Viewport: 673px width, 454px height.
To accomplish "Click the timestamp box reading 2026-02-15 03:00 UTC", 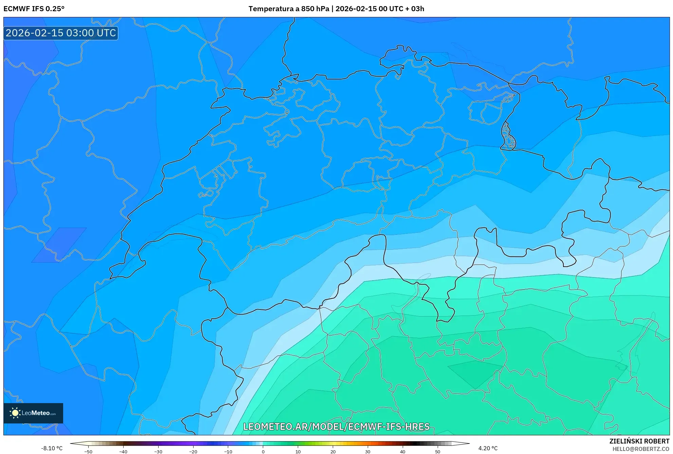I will click(x=61, y=33).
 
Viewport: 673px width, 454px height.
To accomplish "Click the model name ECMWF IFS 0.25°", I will click(x=34, y=9).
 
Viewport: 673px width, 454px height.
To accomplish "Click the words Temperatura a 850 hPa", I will click(x=289, y=9).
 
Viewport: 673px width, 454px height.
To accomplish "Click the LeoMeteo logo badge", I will click(x=33, y=413).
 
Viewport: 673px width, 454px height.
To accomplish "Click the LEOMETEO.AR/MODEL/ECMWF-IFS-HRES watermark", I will click(x=336, y=427).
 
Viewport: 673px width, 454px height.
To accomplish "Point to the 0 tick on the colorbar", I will click(x=263, y=451).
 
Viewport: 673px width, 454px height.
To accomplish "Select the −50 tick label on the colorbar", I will click(x=88, y=451).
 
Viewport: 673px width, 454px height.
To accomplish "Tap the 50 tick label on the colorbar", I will click(x=437, y=451).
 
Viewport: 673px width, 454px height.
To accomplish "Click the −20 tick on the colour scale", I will click(x=193, y=451).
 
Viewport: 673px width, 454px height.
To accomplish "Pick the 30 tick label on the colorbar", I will click(x=367, y=451).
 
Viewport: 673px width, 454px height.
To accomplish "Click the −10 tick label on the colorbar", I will click(x=228, y=451).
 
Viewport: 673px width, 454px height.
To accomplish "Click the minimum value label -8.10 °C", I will click(x=52, y=448).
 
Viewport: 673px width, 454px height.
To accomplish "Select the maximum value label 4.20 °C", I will click(x=488, y=448).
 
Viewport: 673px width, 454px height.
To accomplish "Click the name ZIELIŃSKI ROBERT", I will click(x=639, y=441).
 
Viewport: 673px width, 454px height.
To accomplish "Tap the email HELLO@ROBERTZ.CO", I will click(x=641, y=449).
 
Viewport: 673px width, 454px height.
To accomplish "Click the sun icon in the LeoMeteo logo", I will click(x=15, y=413).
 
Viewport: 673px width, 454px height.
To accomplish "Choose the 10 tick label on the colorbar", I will click(x=298, y=451).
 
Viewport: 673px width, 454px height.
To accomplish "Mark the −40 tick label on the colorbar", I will click(x=123, y=451).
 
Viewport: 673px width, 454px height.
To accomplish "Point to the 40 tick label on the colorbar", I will click(x=402, y=451).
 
